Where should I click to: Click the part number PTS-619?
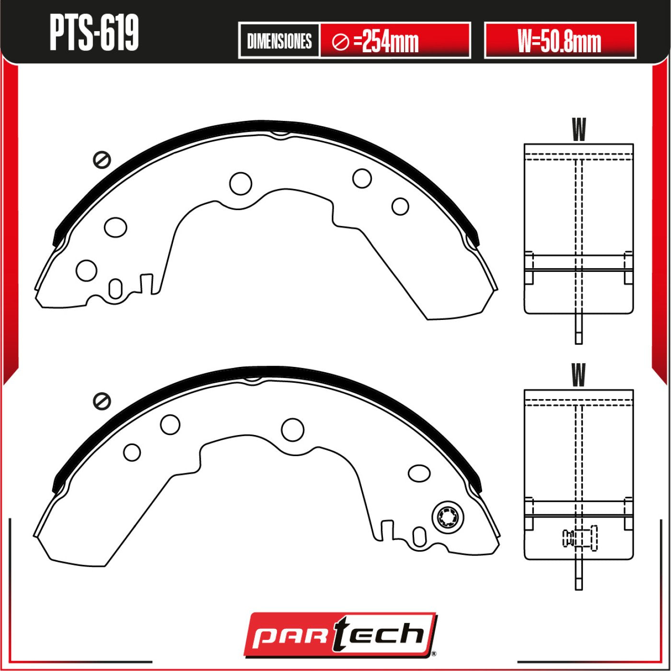point(94,32)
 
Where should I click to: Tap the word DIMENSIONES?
point(279,41)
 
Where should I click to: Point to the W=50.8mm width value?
point(559,41)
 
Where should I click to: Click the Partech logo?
point(340,635)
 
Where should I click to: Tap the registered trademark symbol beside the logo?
point(433,653)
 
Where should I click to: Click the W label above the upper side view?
point(578,129)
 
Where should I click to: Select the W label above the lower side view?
point(578,375)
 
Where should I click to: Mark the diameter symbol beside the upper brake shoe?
point(102,160)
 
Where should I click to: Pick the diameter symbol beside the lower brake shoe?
point(102,401)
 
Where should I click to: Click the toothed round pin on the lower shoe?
point(448,518)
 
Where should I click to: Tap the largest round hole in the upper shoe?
point(241,183)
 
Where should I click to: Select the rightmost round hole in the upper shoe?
point(400,207)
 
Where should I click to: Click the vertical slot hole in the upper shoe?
point(116,289)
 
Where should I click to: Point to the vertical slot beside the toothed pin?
point(419,536)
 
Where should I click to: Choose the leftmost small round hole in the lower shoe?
point(132,452)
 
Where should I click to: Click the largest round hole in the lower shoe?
point(292,430)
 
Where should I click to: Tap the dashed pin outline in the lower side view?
point(580,538)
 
